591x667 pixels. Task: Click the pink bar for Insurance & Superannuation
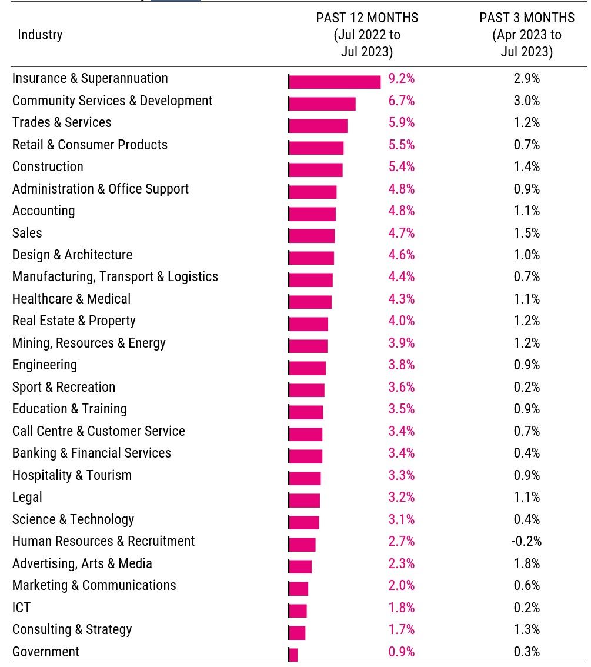[x=335, y=82]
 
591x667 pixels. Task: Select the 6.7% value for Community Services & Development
[x=401, y=101]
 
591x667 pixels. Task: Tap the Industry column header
[x=40, y=35]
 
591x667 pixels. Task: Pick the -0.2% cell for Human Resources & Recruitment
[x=526, y=541]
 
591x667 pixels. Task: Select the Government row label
[x=46, y=652]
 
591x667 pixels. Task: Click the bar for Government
[x=293, y=655]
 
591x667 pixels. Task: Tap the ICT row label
[x=21, y=608]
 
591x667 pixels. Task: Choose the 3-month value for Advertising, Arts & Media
[x=526, y=563]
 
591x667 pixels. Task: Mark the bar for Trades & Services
[x=318, y=126]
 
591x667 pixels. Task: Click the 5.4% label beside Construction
[x=401, y=166]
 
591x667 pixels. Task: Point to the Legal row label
[x=27, y=497]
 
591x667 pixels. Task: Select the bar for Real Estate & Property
[x=309, y=324]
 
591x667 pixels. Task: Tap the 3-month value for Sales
[x=526, y=233]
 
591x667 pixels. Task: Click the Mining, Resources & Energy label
[x=89, y=343]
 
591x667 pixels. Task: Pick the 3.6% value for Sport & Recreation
[x=401, y=387]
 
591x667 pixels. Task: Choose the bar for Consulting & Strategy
[x=297, y=633]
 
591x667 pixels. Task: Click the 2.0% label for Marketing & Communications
[x=401, y=585]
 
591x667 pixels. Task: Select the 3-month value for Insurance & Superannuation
[x=526, y=78]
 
